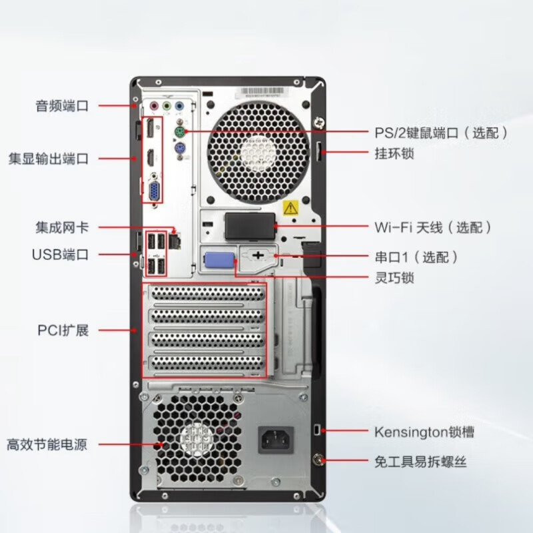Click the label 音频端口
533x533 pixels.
pyautogui.click(x=62, y=105)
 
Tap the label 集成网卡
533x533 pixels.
pyautogui.click(x=62, y=227)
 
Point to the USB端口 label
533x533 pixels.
pyautogui.click(x=60, y=255)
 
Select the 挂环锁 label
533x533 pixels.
pyautogui.click(x=394, y=153)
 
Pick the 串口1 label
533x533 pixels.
pyautogui.click(x=416, y=257)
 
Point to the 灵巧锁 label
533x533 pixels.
pyautogui.click(x=394, y=277)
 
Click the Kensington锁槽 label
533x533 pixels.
pyautogui.click(x=424, y=432)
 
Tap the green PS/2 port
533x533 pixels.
pyautogui.click(x=179, y=133)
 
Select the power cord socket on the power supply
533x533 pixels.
pyautogui.click(x=274, y=440)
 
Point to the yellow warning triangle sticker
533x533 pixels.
pyautogui.click(x=290, y=207)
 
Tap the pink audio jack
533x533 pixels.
pyautogui.click(x=154, y=105)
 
